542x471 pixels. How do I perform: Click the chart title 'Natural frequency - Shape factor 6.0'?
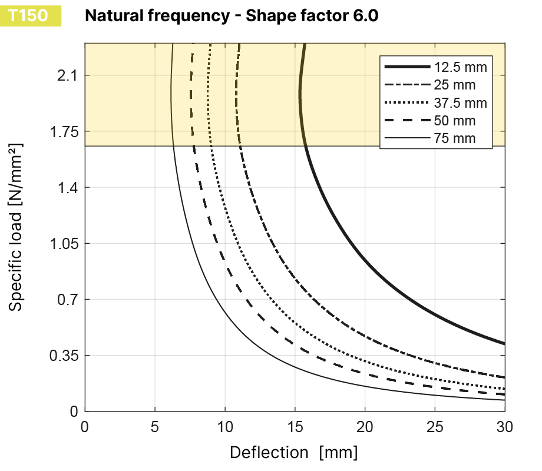(x=232, y=16)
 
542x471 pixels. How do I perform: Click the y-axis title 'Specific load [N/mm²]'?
(x=16, y=226)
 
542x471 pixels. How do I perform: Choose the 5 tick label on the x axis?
(x=155, y=425)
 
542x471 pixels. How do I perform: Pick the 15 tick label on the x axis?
(x=295, y=425)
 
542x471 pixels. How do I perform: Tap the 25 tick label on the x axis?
(x=435, y=425)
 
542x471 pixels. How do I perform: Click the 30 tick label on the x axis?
(x=504, y=425)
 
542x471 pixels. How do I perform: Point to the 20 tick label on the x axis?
(x=365, y=425)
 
